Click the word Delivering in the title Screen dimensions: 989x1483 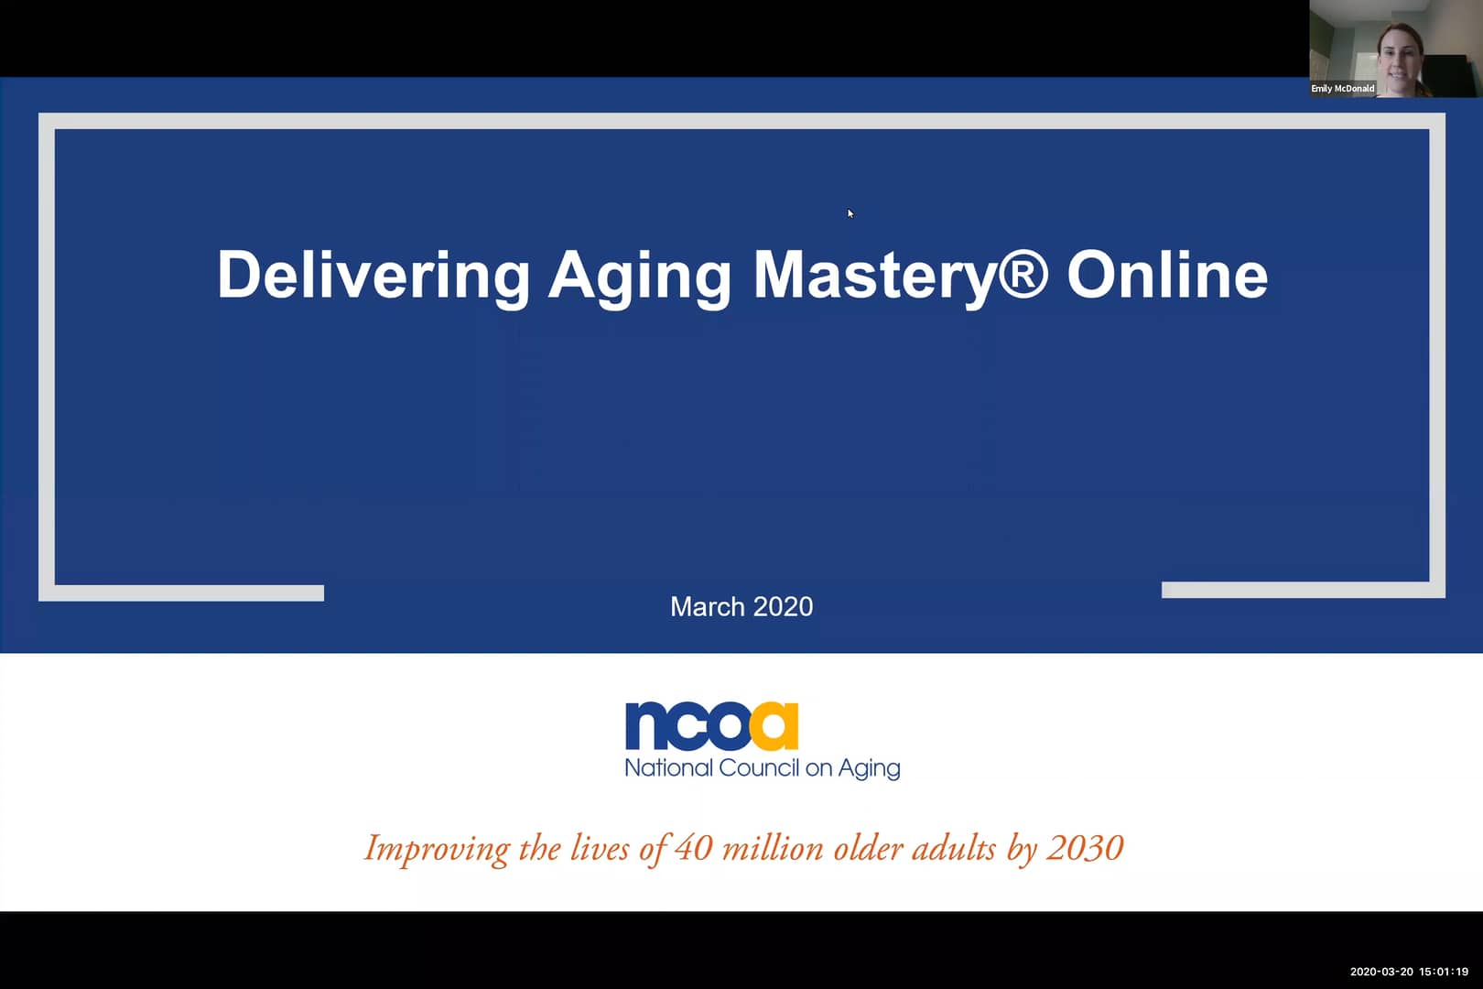tap(373, 274)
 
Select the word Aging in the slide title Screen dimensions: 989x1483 tap(639, 276)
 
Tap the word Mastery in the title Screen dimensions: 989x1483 tap(873, 275)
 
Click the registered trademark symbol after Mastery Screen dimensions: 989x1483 tap(1022, 272)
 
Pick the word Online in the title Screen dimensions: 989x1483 tap(1167, 274)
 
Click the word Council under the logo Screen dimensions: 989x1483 tap(759, 767)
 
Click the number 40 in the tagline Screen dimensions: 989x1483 tap(693, 848)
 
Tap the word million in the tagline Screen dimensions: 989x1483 tap(773, 848)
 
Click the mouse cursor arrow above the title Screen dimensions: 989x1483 tap(850, 213)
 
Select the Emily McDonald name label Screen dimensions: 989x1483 tap(1342, 89)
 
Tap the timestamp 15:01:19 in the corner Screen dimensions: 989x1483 tap(1444, 972)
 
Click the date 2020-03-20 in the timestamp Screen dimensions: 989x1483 tap(1381, 972)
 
